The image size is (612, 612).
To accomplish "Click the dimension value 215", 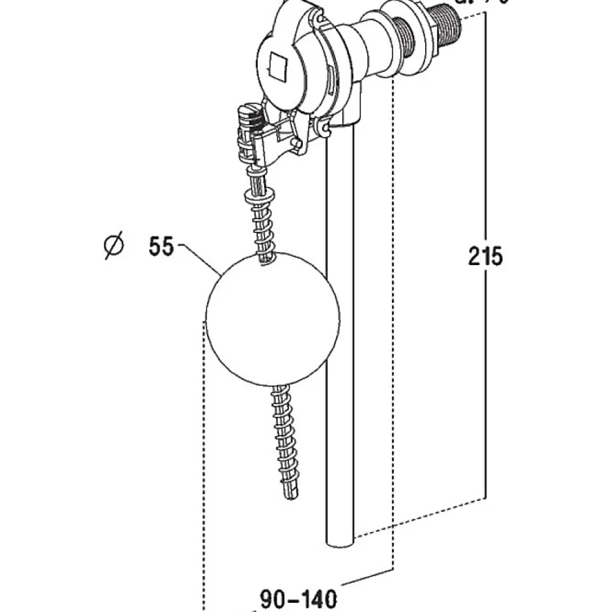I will [x=485, y=257].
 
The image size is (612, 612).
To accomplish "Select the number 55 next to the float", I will [x=161, y=246].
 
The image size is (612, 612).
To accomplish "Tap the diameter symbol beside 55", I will [x=114, y=245].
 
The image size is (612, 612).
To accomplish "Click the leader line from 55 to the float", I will [x=199, y=257].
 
